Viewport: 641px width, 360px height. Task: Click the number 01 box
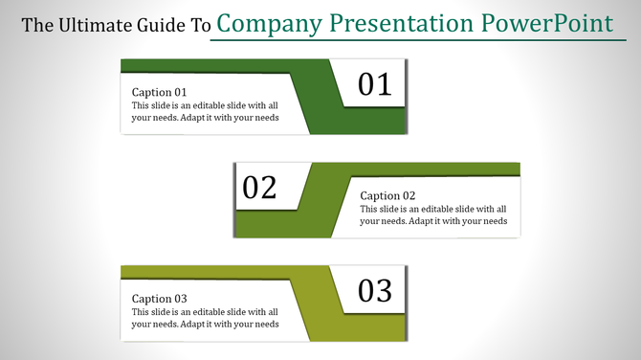coord(375,84)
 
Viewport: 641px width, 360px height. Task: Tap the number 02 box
coord(259,187)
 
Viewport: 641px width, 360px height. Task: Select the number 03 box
coord(375,290)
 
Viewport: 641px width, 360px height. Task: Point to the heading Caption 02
coord(387,195)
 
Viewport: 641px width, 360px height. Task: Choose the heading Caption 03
coord(159,299)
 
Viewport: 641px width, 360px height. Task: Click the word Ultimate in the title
coord(90,26)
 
